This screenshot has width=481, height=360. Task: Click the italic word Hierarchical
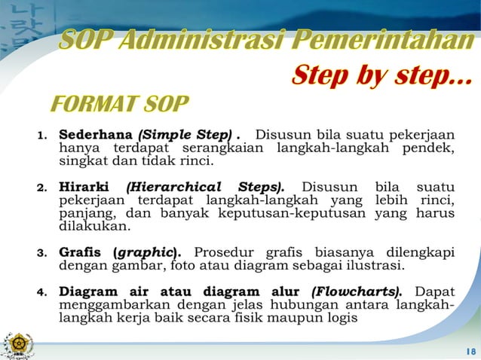point(175,186)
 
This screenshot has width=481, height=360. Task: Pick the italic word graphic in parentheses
point(149,252)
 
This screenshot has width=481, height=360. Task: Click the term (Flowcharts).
point(357,291)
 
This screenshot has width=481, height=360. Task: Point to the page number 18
point(470,351)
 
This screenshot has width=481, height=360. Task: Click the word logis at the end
point(343,317)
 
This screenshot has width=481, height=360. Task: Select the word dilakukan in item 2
point(94,225)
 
